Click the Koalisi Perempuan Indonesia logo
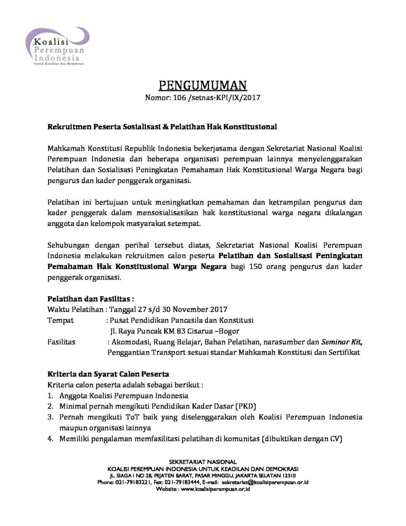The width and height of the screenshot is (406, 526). click(x=56, y=46)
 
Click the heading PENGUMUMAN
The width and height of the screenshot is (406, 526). click(x=202, y=85)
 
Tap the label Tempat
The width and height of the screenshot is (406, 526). click(x=60, y=320)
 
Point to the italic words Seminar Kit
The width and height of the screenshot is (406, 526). click(x=341, y=342)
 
